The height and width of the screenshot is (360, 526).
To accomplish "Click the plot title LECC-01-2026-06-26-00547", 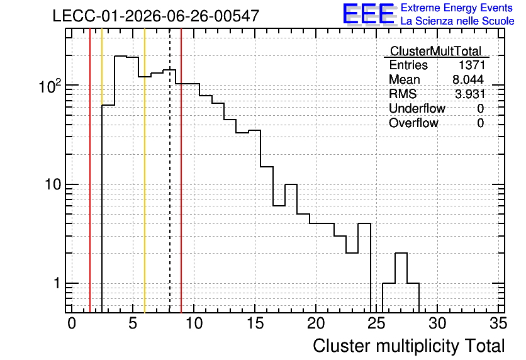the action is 156,16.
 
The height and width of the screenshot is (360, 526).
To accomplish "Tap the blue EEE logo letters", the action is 369,14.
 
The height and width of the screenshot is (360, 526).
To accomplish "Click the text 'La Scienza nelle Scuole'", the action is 457,21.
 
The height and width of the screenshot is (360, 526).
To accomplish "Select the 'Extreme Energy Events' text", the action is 457,8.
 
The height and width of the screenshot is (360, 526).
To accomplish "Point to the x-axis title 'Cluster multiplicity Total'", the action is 409,346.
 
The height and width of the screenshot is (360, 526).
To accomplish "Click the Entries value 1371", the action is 472,65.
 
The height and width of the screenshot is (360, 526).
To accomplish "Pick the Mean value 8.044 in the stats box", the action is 468,79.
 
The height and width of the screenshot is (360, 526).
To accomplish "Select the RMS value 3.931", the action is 469,94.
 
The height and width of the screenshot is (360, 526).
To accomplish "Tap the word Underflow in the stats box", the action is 417,108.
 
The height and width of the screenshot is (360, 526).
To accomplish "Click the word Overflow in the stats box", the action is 413,123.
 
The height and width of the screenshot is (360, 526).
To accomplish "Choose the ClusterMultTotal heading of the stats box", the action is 436,51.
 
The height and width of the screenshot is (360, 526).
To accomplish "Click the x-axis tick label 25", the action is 376,323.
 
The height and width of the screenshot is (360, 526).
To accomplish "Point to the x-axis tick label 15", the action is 255,323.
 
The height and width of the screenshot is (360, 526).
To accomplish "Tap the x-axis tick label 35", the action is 498,323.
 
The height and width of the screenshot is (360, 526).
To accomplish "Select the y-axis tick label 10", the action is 53,184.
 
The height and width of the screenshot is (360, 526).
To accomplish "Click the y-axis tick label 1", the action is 57,283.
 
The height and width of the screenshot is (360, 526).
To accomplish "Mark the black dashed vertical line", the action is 170,171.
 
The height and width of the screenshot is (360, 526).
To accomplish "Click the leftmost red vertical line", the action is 90,171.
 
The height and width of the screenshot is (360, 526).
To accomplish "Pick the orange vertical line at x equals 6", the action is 145,171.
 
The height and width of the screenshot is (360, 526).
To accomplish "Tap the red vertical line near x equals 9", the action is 181,171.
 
